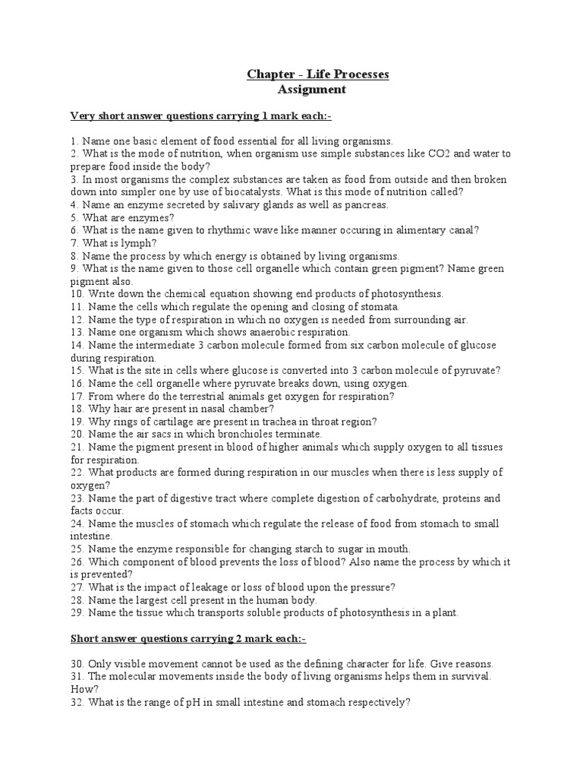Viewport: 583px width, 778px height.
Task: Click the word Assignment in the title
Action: click(313, 90)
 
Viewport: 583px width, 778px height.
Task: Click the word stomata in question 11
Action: click(380, 307)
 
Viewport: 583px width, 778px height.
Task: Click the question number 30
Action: click(77, 663)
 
